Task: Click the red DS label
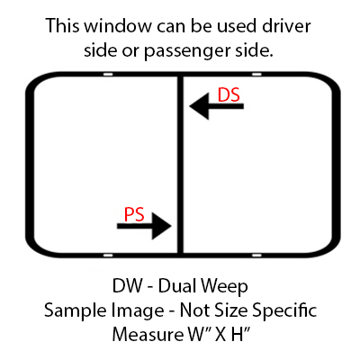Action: (229, 94)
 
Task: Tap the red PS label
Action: (134, 214)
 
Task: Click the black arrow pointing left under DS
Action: (217, 106)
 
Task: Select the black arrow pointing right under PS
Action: (144, 226)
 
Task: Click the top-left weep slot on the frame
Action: (108, 74)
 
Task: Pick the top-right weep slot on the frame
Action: (256, 74)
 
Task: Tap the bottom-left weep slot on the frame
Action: (108, 256)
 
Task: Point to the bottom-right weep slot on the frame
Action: (256, 256)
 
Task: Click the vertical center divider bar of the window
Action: (180, 165)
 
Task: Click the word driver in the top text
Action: (286, 26)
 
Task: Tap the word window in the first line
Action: (118, 26)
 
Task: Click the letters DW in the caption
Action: (127, 285)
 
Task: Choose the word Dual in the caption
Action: (177, 285)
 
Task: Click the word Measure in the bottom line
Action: (147, 334)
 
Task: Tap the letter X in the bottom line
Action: (220, 334)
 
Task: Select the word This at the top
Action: (63, 26)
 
